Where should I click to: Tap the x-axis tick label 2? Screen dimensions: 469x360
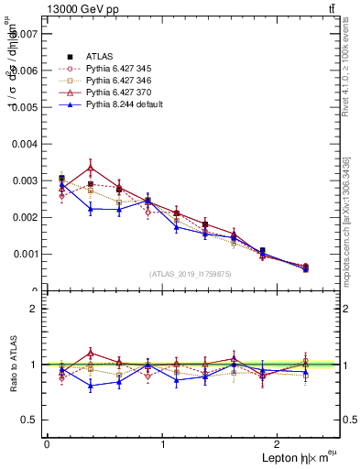pyautogui.click(x=280, y=444)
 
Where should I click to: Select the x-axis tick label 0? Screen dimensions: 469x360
pyautogui.click(x=47, y=444)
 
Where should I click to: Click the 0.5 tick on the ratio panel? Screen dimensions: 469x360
pyautogui.click(x=32, y=420)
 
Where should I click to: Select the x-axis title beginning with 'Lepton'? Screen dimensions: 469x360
pyautogui.click(x=296, y=458)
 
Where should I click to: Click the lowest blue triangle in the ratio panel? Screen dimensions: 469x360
pyautogui.click(x=91, y=386)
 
